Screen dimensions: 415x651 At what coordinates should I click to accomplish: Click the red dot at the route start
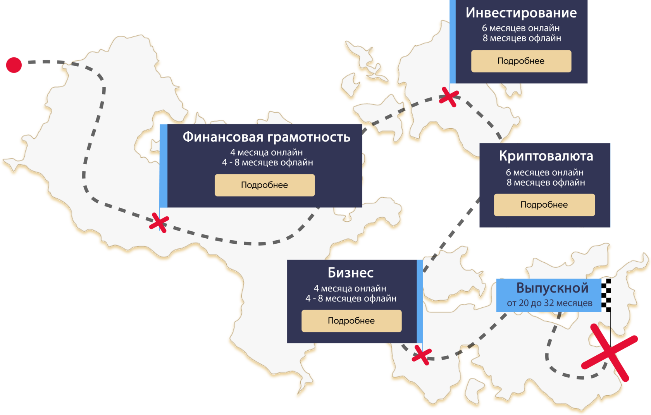14,65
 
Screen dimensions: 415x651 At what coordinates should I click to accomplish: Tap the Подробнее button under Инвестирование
521,61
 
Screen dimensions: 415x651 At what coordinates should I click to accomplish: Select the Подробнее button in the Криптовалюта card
544,205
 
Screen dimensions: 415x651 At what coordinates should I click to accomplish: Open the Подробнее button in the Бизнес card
351,320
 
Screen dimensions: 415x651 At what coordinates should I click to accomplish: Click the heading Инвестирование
521,13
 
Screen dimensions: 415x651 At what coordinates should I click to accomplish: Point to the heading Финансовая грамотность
266,137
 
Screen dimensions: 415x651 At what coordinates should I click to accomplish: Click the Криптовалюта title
546,156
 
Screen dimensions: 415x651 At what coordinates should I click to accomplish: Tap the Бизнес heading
350,273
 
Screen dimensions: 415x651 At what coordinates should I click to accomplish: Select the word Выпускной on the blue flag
552,288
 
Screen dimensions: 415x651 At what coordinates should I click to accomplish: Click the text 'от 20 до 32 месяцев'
549,303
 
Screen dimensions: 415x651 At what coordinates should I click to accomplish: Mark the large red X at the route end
610,353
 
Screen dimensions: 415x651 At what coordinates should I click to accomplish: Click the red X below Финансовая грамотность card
159,222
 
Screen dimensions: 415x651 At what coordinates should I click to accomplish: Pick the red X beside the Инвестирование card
449,96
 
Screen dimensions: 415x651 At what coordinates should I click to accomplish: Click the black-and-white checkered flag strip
606,295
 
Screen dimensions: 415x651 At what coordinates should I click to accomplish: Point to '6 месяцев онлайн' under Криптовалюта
544,172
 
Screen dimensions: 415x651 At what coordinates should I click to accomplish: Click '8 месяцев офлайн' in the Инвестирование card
522,38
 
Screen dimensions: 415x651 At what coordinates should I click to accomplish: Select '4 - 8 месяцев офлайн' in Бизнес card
351,298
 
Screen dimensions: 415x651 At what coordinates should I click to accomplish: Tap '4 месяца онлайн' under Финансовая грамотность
266,152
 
